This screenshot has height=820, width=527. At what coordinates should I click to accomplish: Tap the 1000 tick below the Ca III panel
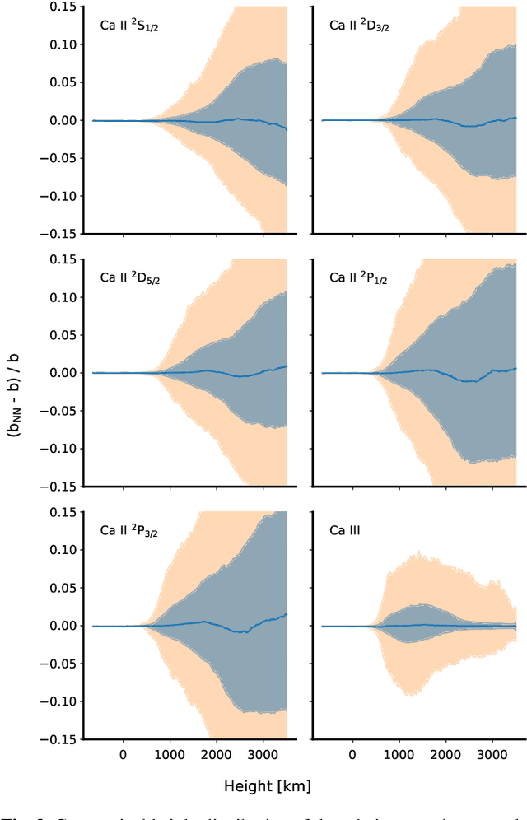pos(399,752)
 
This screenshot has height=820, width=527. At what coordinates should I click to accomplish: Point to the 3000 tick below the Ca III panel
pos(492,752)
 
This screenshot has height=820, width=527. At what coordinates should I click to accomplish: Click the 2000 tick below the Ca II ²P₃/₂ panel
pos(216,752)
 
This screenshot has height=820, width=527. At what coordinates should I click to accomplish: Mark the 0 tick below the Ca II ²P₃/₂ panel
pos(123,752)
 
